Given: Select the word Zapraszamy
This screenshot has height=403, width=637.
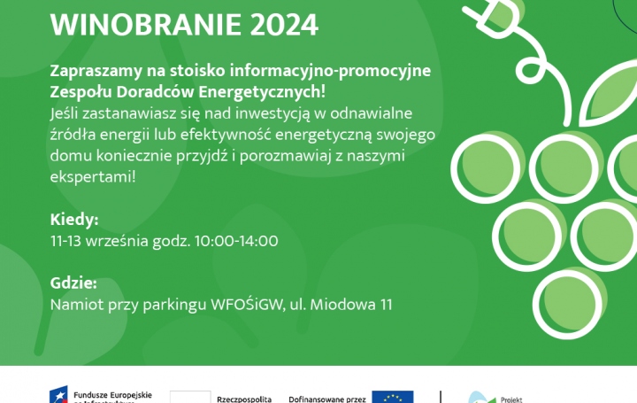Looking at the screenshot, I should pyautogui.click(x=98, y=70).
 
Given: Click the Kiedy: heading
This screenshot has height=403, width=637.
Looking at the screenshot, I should pyautogui.click(x=73, y=220).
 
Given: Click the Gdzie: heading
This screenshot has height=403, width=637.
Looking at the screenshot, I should pyautogui.click(x=73, y=283).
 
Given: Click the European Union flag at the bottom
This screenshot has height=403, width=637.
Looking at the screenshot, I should pyautogui.click(x=392, y=397).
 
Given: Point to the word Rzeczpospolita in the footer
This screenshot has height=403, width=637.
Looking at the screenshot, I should pyautogui.click(x=243, y=399).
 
